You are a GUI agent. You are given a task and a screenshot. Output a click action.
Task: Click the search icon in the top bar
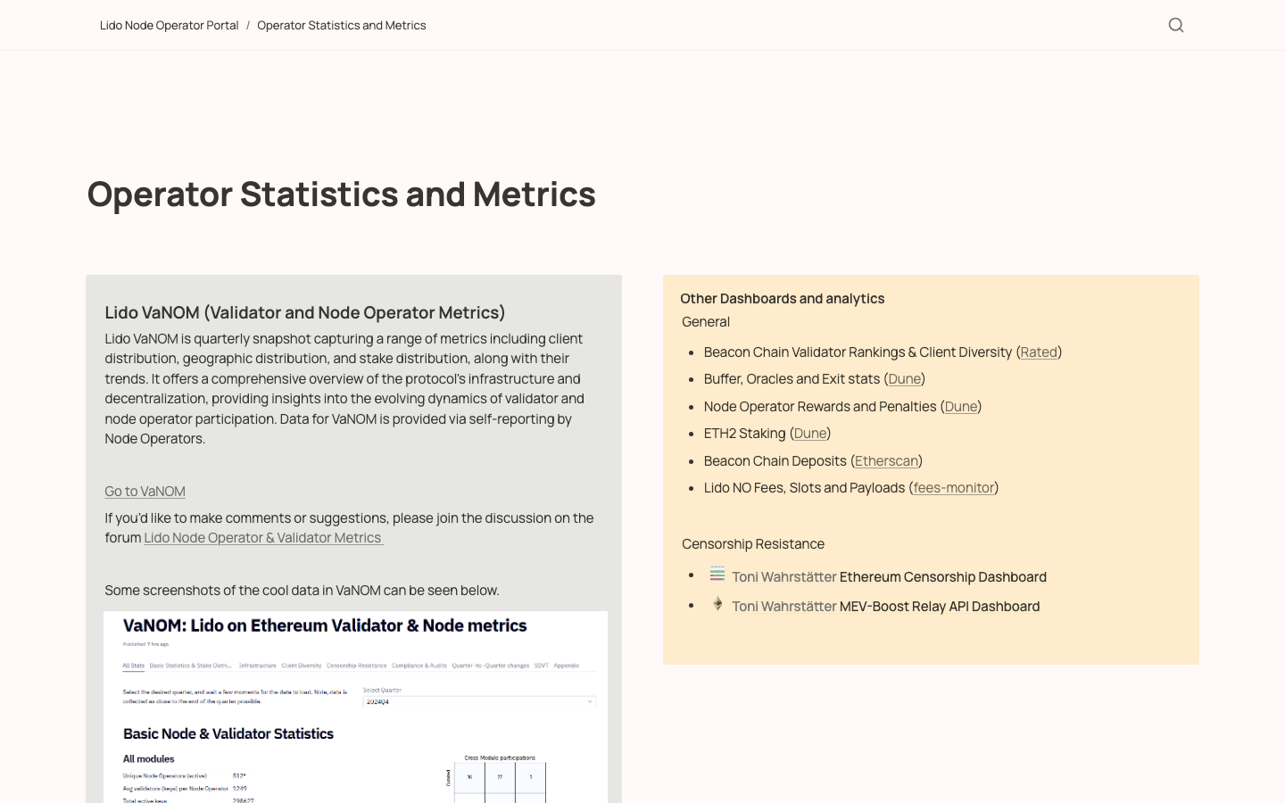click(1176, 25)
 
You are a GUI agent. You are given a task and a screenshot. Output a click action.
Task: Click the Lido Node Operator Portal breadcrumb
click(169, 25)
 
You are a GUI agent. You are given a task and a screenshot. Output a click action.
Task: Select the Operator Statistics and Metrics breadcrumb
click(341, 25)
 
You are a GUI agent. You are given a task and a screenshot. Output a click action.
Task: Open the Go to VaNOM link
click(145, 491)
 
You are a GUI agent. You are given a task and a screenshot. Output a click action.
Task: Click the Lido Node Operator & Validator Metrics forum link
click(263, 537)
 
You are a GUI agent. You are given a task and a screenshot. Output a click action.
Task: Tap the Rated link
click(1039, 352)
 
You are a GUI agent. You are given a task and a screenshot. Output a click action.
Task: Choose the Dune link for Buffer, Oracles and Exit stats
click(904, 379)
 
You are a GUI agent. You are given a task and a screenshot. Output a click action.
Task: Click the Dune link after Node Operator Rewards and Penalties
click(960, 406)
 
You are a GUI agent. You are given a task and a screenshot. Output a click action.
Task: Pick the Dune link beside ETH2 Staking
click(809, 434)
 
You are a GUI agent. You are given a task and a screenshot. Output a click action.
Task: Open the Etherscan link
click(886, 460)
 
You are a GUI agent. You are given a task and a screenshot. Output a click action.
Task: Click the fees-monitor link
click(953, 487)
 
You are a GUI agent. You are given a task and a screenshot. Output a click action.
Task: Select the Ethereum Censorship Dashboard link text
click(942, 577)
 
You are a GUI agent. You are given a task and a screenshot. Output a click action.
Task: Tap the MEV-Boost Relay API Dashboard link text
click(939, 607)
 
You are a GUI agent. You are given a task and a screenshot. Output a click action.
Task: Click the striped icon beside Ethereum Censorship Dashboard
click(717, 574)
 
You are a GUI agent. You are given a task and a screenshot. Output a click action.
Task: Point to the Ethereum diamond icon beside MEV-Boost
click(717, 604)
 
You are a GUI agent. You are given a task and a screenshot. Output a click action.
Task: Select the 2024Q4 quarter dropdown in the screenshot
click(479, 702)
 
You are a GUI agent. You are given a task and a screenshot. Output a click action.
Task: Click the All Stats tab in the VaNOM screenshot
click(134, 666)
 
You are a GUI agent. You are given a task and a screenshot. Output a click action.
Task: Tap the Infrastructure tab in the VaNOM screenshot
click(257, 666)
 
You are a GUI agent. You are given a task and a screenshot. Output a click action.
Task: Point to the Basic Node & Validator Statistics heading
click(228, 733)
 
